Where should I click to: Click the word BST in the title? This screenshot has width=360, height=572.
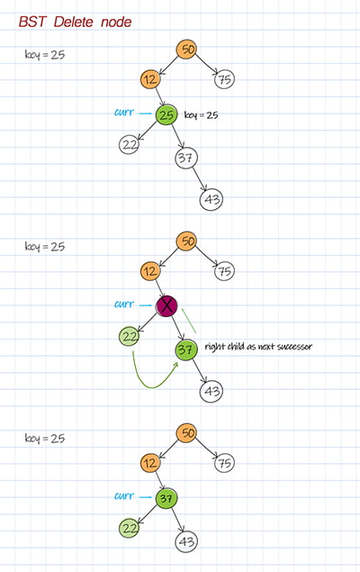click(32, 22)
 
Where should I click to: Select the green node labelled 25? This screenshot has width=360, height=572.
click(166, 115)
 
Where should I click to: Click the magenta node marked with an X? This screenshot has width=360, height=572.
click(166, 305)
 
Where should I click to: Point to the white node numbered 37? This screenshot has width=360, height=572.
click(185, 158)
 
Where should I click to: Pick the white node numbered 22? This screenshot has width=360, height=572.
click(129, 144)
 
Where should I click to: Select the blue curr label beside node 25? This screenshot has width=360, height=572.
click(124, 113)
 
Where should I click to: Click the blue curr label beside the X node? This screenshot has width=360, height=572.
click(124, 304)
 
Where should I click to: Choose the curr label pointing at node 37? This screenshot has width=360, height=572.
click(124, 495)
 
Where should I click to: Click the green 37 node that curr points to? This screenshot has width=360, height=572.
click(166, 498)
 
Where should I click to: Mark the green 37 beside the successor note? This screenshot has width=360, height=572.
click(185, 350)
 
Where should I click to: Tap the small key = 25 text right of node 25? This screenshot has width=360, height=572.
click(201, 115)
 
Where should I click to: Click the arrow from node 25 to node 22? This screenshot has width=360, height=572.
click(148, 131)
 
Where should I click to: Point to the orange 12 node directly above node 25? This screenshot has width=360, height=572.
click(150, 79)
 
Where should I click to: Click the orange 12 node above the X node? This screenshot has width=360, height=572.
click(150, 271)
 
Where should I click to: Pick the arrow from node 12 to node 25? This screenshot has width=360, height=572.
click(159, 97)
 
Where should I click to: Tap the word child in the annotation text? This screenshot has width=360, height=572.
click(236, 346)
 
